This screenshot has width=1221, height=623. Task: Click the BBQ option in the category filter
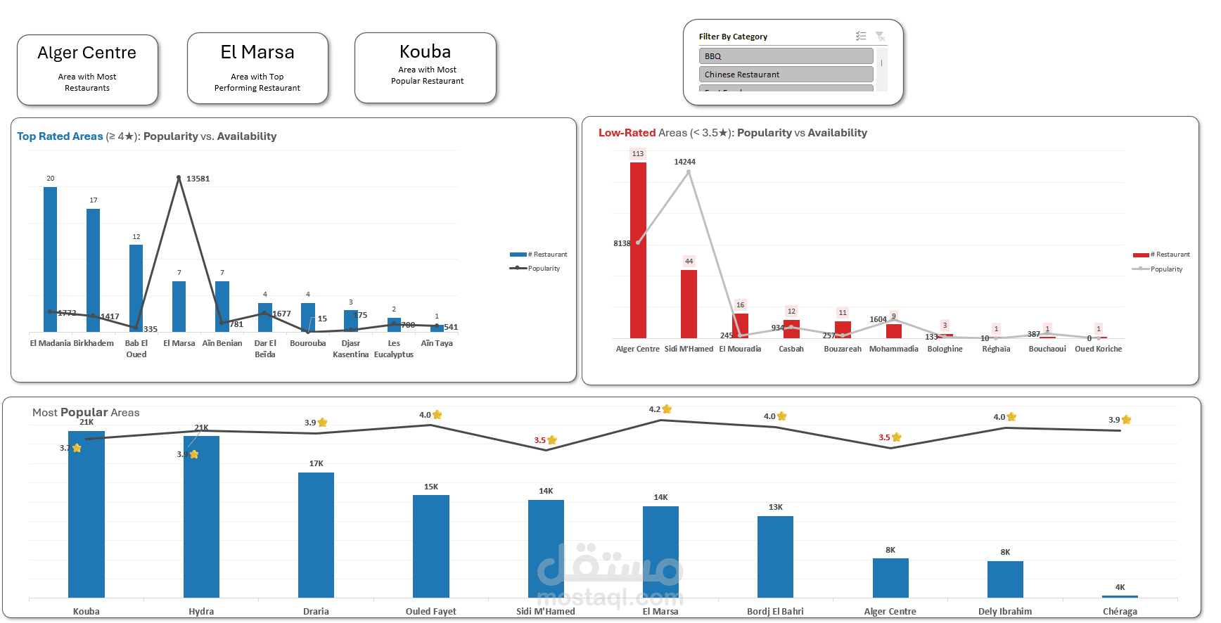(x=786, y=56)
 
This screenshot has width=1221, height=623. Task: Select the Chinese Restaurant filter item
(x=786, y=75)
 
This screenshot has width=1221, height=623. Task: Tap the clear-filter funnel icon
(x=880, y=37)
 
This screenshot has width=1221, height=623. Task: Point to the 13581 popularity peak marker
(x=179, y=177)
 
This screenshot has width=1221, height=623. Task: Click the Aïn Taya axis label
(x=437, y=344)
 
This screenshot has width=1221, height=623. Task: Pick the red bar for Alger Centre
(x=638, y=250)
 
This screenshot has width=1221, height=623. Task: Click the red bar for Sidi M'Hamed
(x=689, y=304)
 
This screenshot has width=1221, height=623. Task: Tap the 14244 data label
(x=684, y=162)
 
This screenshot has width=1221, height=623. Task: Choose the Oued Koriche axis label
(x=1098, y=349)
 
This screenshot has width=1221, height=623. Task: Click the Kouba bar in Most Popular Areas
(x=87, y=514)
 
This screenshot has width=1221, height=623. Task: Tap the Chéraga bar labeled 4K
(x=1120, y=596)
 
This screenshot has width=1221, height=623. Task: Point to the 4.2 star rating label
(x=655, y=409)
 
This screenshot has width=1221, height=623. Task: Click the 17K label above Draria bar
(x=317, y=464)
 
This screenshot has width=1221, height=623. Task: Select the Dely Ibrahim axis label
(x=1005, y=612)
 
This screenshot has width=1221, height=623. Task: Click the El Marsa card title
(x=257, y=53)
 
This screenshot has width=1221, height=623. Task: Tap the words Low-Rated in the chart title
(x=627, y=133)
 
